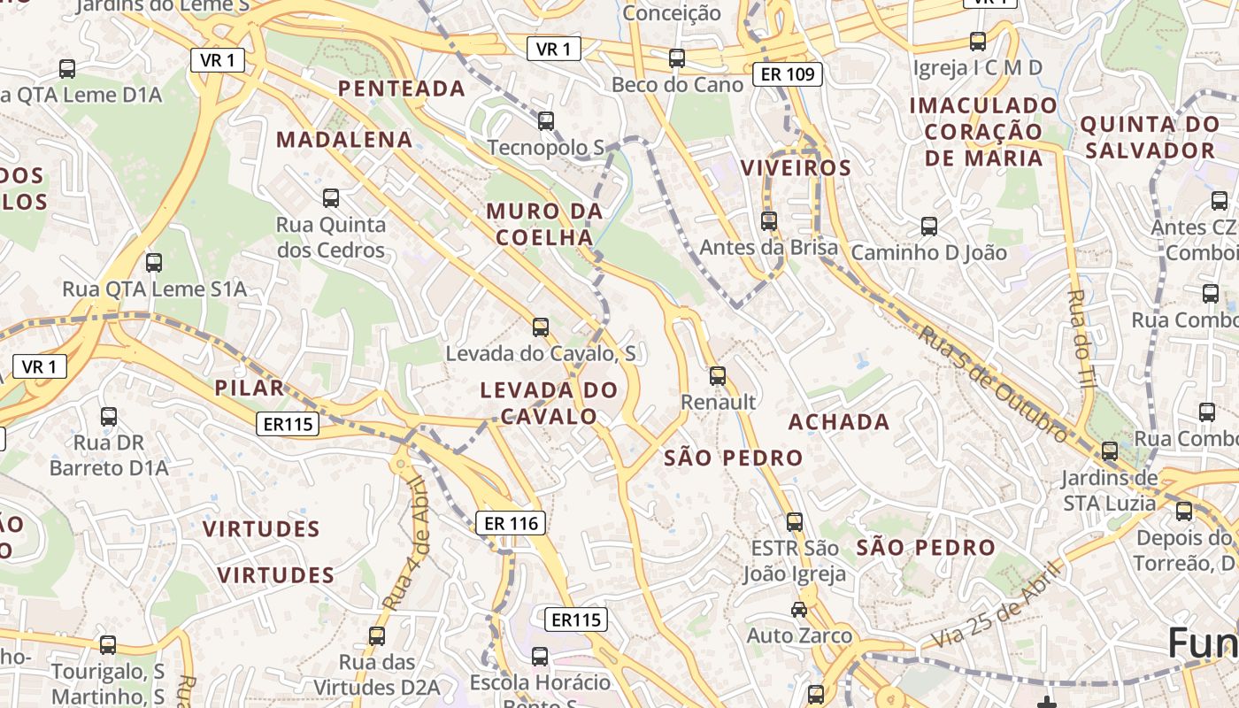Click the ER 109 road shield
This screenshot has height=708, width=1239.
tap(788, 74)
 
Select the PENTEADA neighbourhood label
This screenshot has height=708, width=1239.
tap(402, 88)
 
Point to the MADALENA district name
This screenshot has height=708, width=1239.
tap(344, 140)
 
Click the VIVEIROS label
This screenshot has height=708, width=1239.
tap(796, 168)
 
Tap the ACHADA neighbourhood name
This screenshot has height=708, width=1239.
tap(839, 422)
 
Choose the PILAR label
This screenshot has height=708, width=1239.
tap(250, 388)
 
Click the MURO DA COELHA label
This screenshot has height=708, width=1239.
tap(544, 224)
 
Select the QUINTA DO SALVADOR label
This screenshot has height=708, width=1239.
tap(1150, 137)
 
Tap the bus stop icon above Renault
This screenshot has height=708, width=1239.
tap(718, 376)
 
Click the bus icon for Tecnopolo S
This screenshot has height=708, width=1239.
tap(546, 120)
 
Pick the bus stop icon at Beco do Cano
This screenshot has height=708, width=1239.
tap(677, 58)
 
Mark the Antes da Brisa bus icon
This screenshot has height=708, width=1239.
tap(769, 220)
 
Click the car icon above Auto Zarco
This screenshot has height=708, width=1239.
tap(799, 609)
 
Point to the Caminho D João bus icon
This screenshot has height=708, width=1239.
tap(929, 226)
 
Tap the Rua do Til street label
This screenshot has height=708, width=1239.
tap(1080, 336)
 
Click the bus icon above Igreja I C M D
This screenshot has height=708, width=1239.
tap(978, 41)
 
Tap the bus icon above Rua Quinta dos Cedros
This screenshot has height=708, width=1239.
tap(331, 197)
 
